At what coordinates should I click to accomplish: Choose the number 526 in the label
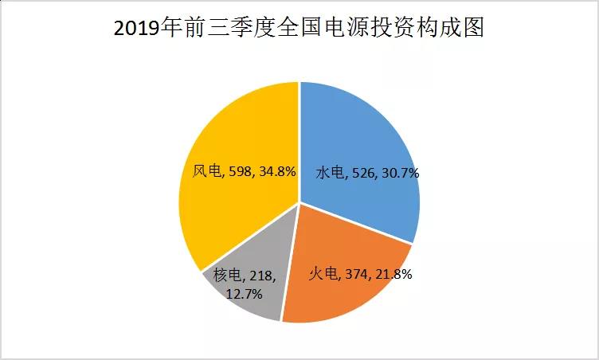point(364,172)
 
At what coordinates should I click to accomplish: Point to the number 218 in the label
point(258,276)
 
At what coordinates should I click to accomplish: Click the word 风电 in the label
point(206,170)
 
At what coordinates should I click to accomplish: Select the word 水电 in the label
point(329,172)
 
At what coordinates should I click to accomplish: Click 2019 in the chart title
point(135,29)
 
